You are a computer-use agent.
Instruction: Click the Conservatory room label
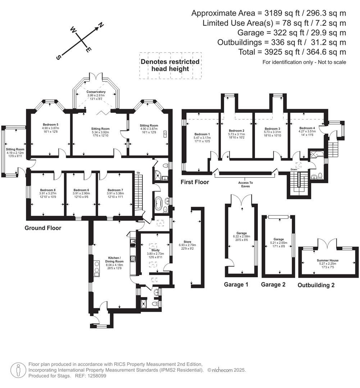click(96, 92)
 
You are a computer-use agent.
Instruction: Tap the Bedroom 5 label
click(50, 125)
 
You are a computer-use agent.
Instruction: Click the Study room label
click(155, 250)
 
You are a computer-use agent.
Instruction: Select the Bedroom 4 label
click(307, 128)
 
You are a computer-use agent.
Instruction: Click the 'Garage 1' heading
click(236, 285)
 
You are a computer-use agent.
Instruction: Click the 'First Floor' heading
click(195, 182)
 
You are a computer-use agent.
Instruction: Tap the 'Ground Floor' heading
click(43, 228)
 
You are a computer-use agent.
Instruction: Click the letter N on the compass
click(101, 25)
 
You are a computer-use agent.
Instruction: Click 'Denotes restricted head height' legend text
click(170, 65)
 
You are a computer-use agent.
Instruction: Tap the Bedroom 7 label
click(115, 190)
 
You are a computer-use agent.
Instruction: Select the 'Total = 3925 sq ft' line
click(292, 52)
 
